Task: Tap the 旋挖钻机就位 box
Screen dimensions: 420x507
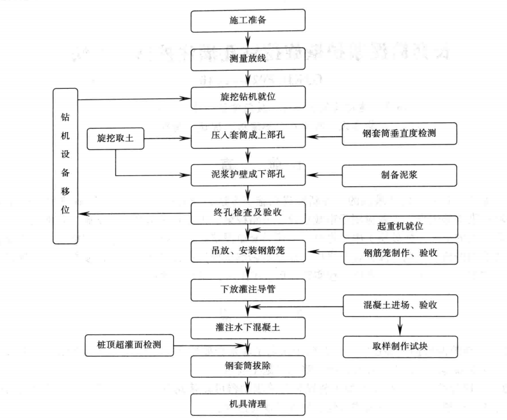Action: pos(248,97)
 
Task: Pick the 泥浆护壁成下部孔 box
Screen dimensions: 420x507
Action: pos(248,174)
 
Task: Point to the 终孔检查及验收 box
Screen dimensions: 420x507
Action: pos(248,212)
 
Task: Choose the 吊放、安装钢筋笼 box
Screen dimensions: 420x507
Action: pos(248,251)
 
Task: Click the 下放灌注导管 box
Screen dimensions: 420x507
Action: pos(248,289)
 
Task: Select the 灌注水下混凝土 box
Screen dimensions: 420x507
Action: pos(248,327)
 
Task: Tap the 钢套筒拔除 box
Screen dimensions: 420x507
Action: pos(248,366)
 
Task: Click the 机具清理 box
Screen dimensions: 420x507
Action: pos(248,405)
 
